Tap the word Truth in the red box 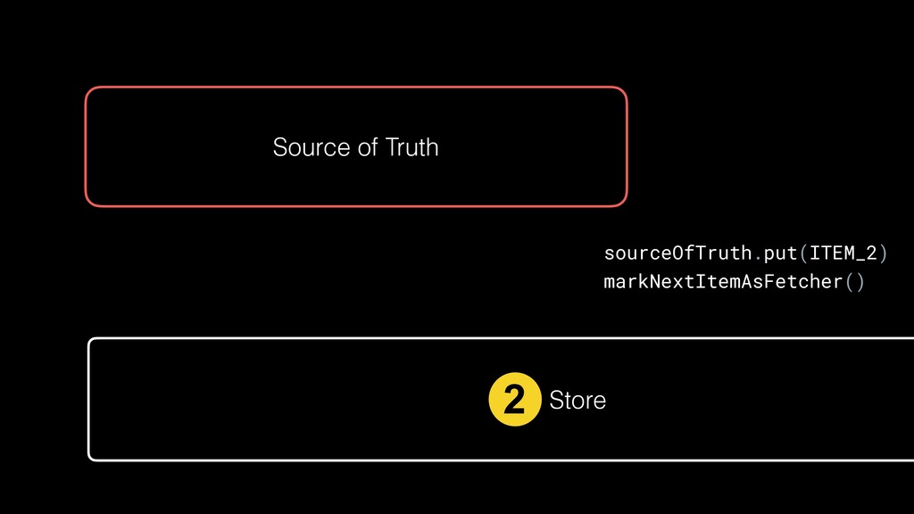coord(411,146)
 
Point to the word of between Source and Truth coord(368,146)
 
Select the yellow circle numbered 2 coord(515,400)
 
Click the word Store coord(577,401)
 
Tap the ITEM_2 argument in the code coord(843,253)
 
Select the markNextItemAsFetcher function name coord(723,282)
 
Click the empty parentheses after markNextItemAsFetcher coord(854,282)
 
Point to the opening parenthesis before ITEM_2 coord(803,253)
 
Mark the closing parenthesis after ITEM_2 coord(884,253)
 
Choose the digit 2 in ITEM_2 coord(872,253)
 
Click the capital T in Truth coord(392,146)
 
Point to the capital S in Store coord(555,401)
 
